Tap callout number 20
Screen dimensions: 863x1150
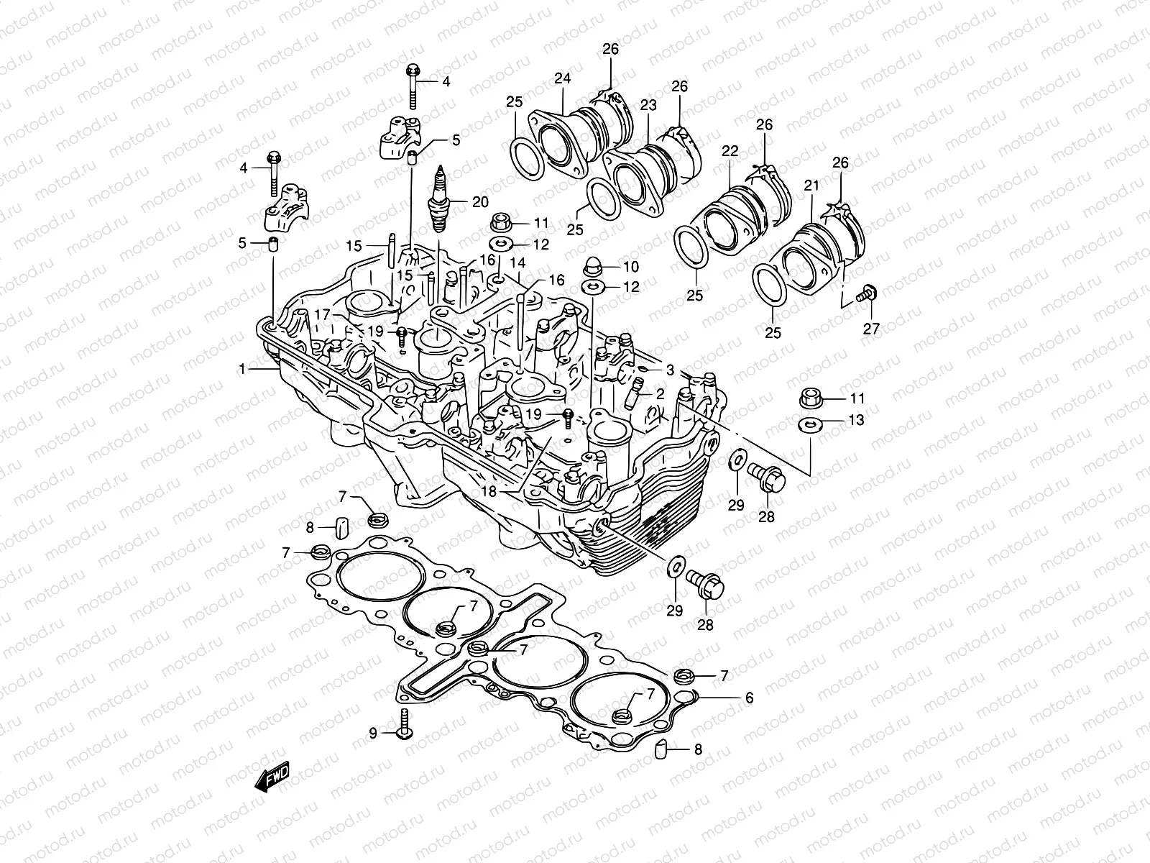pyautogui.click(x=480, y=202)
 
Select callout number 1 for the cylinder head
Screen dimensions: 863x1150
pyautogui.click(x=243, y=369)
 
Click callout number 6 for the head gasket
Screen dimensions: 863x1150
pyautogui.click(x=748, y=698)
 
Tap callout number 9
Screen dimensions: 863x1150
pyautogui.click(x=373, y=734)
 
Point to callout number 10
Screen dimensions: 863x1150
pyautogui.click(x=631, y=266)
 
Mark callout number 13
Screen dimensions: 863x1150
pyautogui.click(x=856, y=420)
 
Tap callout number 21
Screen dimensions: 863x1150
pyautogui.click(x=811, y=186)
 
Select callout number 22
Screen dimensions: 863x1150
pyautogui.click(x=730, y=151)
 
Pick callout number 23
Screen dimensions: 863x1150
pyautogui.click(x=648, y=106)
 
